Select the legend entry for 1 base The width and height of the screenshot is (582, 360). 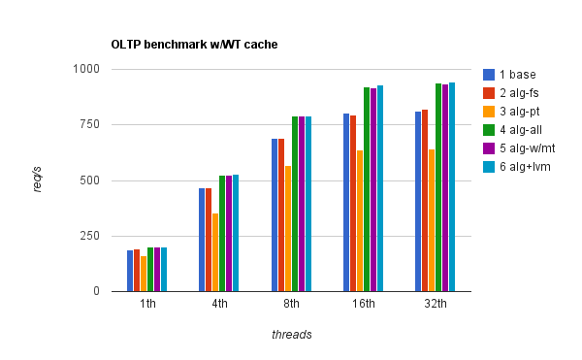[516, 74]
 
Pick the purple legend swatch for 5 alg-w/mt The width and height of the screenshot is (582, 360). [490, 149]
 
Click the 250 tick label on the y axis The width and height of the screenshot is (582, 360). [90, 236]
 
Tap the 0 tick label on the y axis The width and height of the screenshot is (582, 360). [95, 291]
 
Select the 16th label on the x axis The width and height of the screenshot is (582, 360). [364, 304]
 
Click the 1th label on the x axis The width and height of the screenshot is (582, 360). [147, 304]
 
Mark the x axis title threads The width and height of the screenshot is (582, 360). [291, 334]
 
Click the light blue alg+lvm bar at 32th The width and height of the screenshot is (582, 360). [452, 186]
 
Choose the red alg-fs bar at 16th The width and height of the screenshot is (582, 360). [353, 203]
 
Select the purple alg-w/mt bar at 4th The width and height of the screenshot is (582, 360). [229, 233]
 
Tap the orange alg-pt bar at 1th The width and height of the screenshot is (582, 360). [144, 274]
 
